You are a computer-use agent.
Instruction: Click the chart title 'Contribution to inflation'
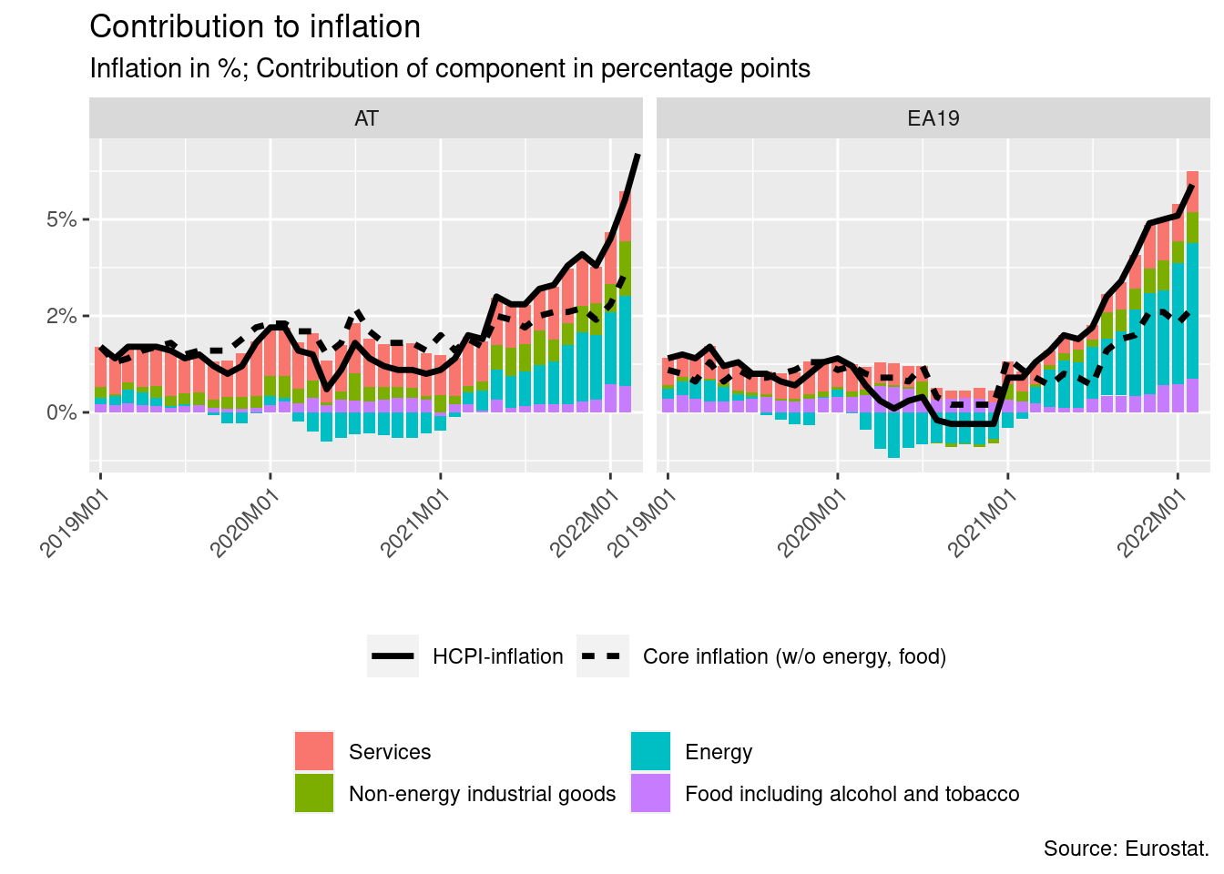255,27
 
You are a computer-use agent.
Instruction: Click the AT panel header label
366,118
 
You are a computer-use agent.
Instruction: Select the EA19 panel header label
933,118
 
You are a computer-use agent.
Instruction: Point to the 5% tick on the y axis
62,219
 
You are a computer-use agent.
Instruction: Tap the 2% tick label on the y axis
62,316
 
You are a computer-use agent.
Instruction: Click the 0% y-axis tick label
62,412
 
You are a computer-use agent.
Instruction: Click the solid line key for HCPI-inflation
393,656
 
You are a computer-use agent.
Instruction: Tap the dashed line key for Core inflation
602,656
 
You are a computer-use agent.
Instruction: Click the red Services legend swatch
314,751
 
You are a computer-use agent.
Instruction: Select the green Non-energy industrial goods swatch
314,793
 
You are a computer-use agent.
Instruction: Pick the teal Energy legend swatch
650,751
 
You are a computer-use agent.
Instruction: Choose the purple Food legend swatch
650,793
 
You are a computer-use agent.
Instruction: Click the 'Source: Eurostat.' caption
1126,849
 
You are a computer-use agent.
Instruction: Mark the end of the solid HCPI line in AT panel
637,155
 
